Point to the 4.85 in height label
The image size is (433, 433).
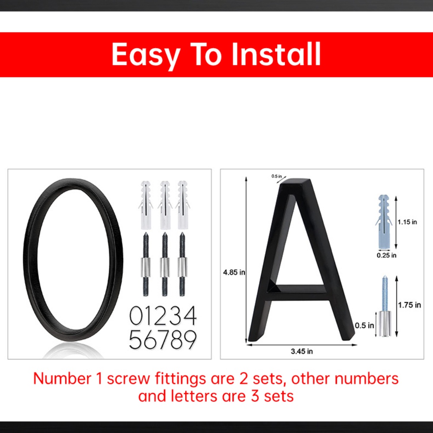point(234,272)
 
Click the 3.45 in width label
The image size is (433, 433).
point(302,351)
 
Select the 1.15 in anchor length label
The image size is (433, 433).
point(407,222)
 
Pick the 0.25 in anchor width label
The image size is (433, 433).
point(386,255)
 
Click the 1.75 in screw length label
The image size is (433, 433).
point(410,305)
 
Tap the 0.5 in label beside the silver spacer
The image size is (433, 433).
point(364,326)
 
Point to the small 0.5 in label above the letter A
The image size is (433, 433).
point(276,176)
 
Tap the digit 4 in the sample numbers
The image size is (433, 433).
point(189,315)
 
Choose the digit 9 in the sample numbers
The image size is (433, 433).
point(190,339)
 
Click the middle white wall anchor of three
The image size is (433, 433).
point(165,205)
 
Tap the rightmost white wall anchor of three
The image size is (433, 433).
point(183,205)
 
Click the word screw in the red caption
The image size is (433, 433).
point(128,378)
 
